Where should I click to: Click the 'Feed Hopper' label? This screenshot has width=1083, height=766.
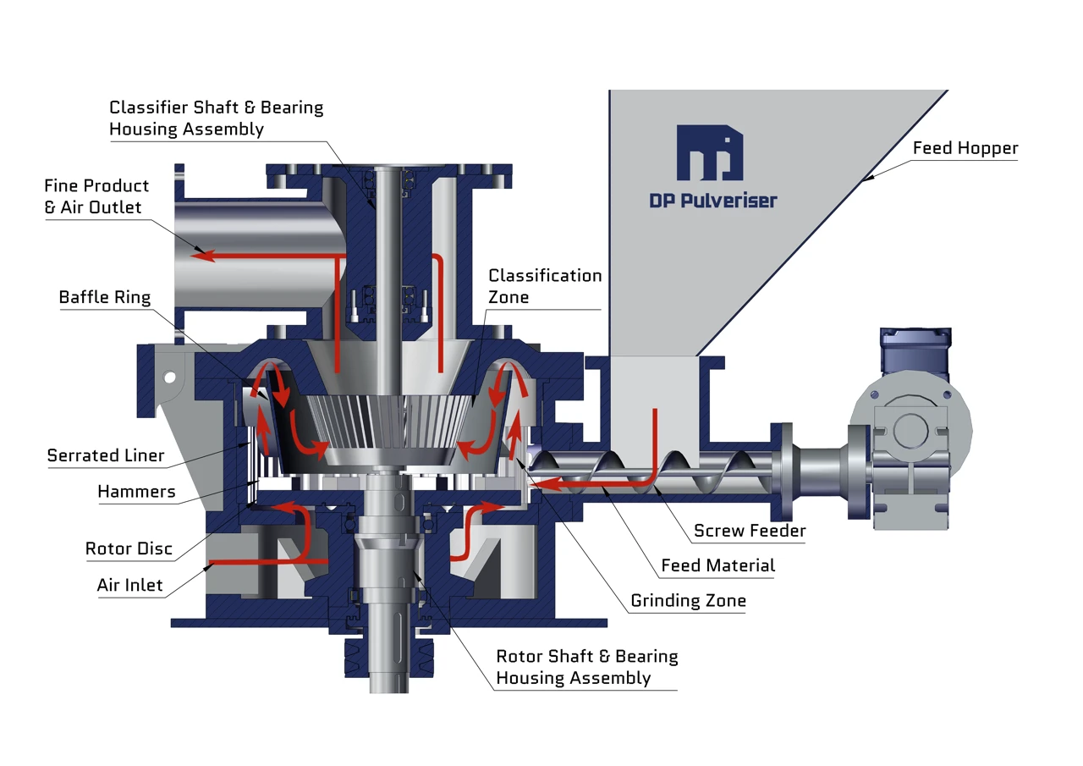(965, 149)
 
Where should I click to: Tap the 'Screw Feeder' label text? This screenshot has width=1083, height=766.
(749, 532)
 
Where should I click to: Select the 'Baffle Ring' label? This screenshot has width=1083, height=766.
(104, 297)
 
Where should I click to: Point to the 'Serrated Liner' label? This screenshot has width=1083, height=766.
(105, 455)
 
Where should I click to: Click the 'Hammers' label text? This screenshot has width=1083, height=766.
(136, 492)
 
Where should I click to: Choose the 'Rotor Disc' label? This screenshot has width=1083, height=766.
(129, 548)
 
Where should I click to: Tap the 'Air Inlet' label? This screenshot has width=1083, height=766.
(129, 585)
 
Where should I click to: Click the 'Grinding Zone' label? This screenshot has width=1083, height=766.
(688, 601)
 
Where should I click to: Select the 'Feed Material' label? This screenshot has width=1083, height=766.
(717, 565)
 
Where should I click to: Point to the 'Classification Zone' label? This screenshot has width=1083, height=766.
(545, 286)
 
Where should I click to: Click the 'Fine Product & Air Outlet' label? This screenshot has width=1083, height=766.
(96, 196)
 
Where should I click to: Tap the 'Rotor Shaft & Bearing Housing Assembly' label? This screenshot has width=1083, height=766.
(586, 667)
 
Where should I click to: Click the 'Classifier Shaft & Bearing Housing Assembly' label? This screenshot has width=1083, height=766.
(216, 118)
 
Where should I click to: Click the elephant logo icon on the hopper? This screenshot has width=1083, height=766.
(709, 153)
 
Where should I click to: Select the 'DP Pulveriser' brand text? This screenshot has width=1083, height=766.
(712, 201)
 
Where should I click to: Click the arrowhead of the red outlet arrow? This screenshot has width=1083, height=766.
(197, 253)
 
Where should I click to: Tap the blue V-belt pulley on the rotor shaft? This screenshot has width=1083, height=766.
(388, 657)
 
